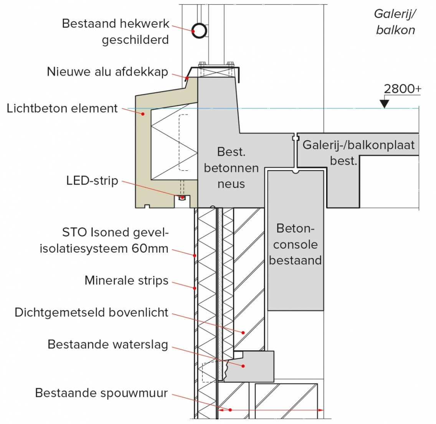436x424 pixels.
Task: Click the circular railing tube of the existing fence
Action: point(199,30)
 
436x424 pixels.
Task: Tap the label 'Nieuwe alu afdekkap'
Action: point(107,72)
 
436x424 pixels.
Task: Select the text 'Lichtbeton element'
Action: point(62,108)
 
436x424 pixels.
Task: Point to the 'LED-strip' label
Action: point(92,180)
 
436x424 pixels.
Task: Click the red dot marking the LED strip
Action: point(183,198)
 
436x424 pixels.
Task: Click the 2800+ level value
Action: point(402,89)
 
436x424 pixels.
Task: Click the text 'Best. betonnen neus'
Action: point(231,168)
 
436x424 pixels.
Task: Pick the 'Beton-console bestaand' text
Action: point(295,244)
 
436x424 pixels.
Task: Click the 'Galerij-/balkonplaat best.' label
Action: point(358,152)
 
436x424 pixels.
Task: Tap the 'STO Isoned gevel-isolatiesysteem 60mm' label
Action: point(104,241)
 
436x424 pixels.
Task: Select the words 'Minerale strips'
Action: point(126,281)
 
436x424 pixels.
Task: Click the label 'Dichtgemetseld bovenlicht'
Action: point(91,312)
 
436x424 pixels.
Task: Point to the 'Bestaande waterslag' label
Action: point(108,344)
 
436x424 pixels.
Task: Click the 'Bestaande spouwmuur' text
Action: point(101,393)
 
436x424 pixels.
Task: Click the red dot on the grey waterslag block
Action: point(243,366)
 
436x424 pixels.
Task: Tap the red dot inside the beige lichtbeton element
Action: point(143,113)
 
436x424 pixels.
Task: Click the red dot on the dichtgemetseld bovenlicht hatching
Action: point(243,332)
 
